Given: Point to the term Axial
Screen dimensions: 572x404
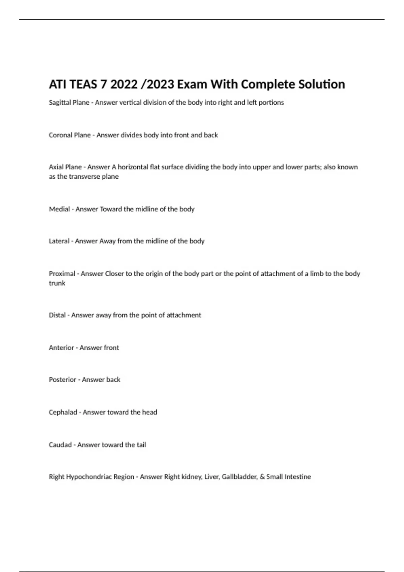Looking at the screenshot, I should tap(56, 167).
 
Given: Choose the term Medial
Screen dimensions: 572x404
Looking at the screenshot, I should tap(59, 209).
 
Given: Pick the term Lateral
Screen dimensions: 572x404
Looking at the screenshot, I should tap(59, 241).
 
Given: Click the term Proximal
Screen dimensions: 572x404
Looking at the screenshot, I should tap(62, 274).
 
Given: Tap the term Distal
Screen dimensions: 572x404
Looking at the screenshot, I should tap(57, 315).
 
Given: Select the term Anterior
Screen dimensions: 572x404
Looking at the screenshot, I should tap(61, 348).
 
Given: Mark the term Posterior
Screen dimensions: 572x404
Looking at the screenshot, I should tap(63, 380).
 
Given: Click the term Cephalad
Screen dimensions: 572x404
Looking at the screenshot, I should tap(63, 412).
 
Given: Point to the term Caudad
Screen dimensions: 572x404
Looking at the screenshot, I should tap(60, 445).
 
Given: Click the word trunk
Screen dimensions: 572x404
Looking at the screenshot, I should tap(57, 283).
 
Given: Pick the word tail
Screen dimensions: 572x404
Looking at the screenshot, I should tap(141, 445).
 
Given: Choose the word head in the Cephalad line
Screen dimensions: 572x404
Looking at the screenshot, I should tap(149, 412).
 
